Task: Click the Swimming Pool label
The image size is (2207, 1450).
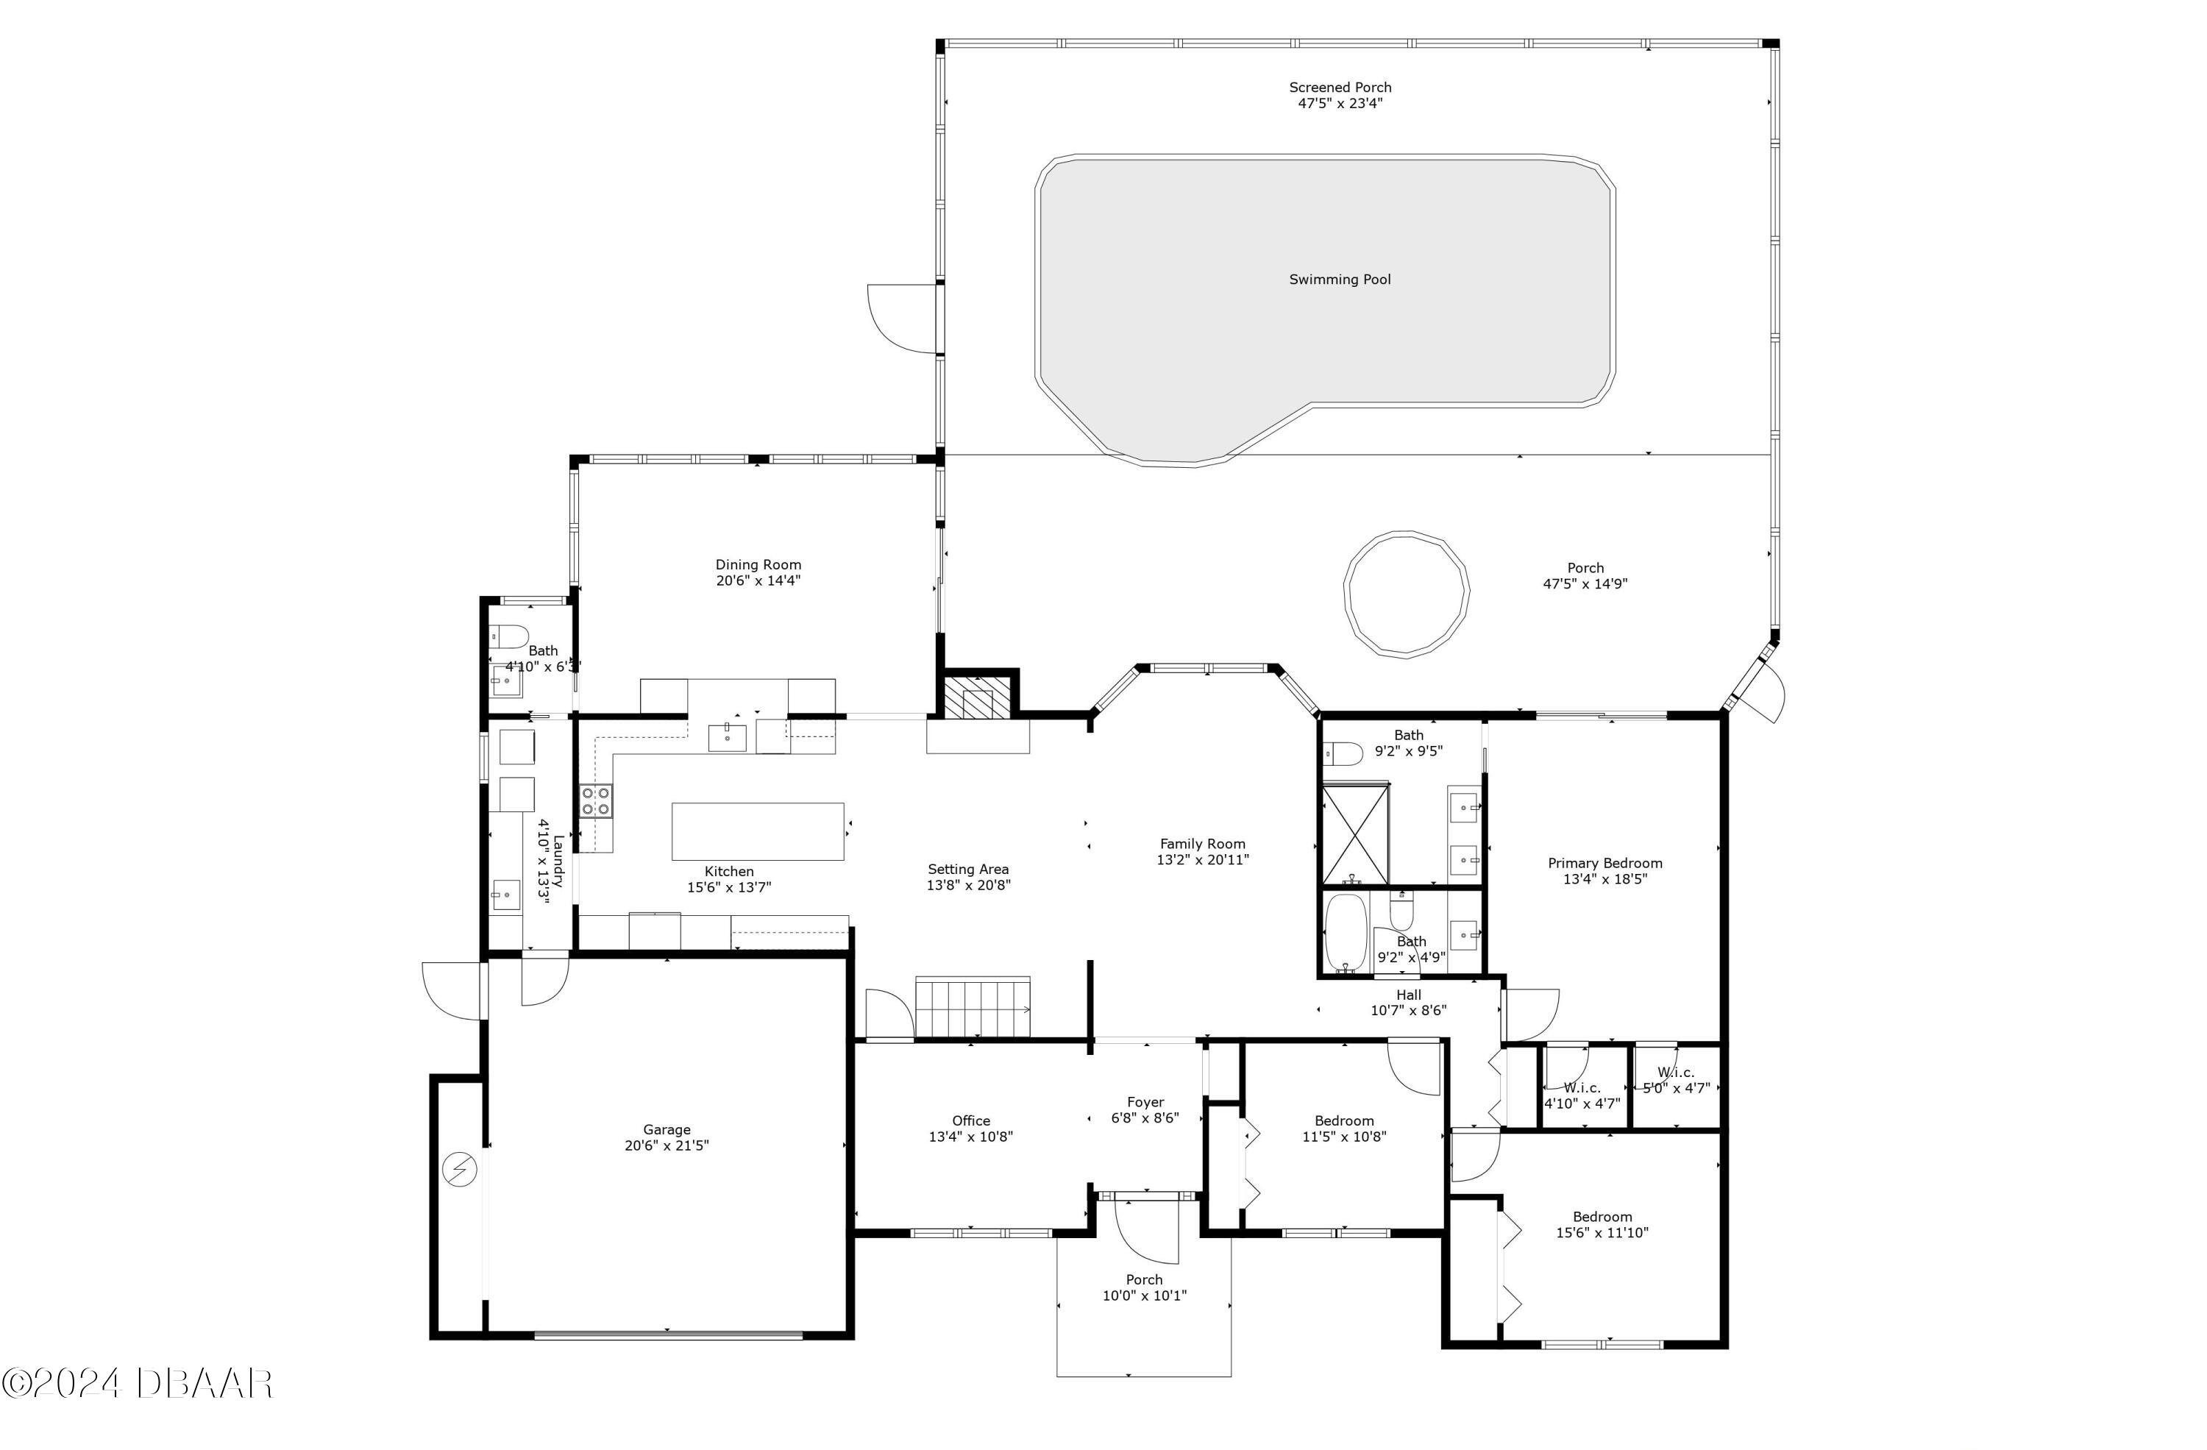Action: pos(1339,279)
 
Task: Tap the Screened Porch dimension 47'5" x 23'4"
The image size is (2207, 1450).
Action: pos(1340,104)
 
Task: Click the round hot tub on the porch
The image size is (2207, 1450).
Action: pos(1406,594)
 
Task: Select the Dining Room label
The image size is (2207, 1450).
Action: pos(758,564)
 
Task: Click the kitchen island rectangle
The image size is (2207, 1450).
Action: pos(758,831)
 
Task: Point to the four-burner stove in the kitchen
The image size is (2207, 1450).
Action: pos(595,801)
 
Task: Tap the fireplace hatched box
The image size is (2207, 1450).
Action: pos(976,698)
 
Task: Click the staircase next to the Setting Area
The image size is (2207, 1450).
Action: pos(973,1007)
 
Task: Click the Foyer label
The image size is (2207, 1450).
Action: pos(1145,1102)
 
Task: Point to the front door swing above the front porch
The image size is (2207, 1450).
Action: pos(1146,1229)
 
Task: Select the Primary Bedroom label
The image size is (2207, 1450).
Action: pos(1605,863)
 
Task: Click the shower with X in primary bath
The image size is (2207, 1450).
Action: pos(1355,834)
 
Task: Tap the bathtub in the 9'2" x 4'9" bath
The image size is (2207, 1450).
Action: pos(1346,933)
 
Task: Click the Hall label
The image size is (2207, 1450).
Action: pos(1409,995)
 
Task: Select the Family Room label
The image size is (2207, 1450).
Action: pos(1203,844)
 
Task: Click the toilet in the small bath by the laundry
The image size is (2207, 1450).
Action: pos(508,636)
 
